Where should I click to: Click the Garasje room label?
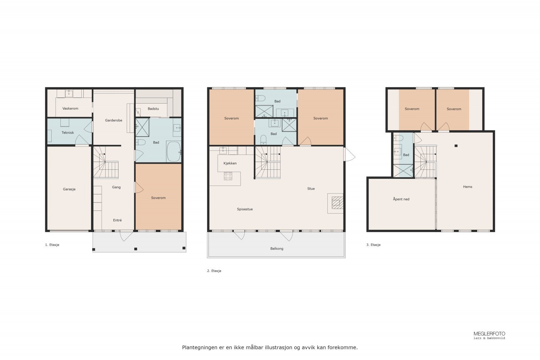pos(69,189)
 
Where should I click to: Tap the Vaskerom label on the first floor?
pos(70,109)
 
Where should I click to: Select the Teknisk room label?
pos(67,133)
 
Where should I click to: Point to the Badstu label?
pos(153,109)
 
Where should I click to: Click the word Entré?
pos(117,220)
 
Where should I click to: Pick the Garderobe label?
pos(113,120)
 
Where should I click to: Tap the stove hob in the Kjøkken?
pos(228,176)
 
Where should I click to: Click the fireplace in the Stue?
pos(335,203)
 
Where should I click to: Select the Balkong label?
pos(277,249)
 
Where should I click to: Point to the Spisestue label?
pos(245,209)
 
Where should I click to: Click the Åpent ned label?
pos(401,199)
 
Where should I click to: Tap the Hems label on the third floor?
pos(467,187)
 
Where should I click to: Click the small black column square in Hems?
pos(456,146)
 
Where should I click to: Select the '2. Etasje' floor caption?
pos(214,271)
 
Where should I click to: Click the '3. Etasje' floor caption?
pos(373,245)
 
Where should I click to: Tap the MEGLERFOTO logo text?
pos(489,334)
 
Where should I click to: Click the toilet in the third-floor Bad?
pos(399,138)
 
